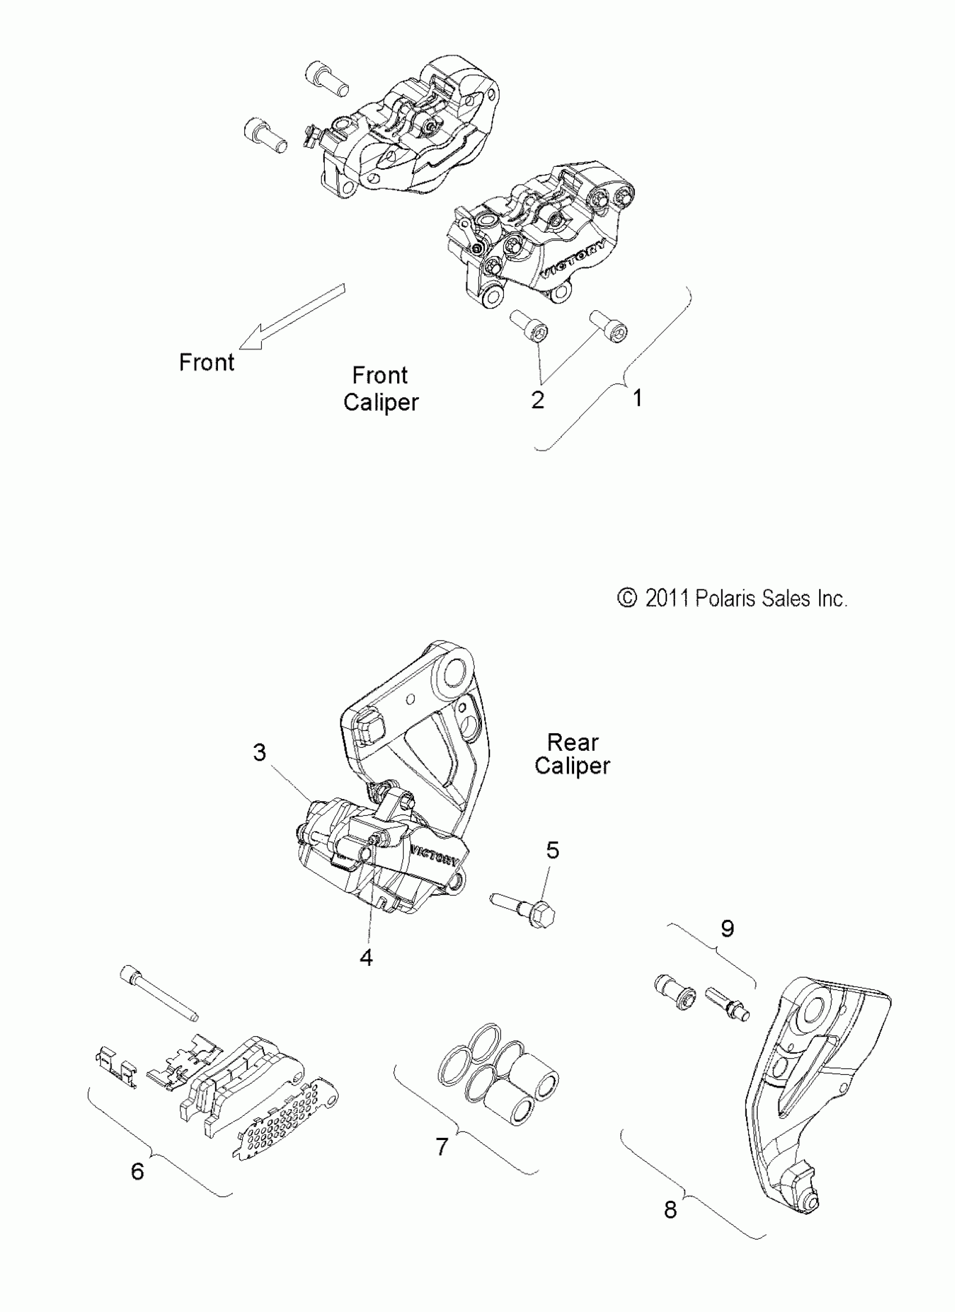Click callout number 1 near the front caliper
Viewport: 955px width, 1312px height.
coord(637,398)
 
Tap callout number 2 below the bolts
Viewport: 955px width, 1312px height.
coord(538,399)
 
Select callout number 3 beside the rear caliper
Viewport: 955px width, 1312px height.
coord(260,752)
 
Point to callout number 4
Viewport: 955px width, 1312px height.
coord(366,958)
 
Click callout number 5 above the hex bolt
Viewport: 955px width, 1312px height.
coord(552,850)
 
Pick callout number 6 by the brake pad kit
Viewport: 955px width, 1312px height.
coord(137,1172)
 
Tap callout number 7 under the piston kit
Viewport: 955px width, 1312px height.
coord(442,1146)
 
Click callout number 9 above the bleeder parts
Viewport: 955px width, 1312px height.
coord(727,928)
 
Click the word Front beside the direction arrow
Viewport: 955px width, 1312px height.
coord(207,363)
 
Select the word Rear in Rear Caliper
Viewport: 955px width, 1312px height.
coord(572,742)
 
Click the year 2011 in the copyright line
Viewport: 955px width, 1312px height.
coord(667,598)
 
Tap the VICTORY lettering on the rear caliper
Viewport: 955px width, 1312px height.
coord(435,857)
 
